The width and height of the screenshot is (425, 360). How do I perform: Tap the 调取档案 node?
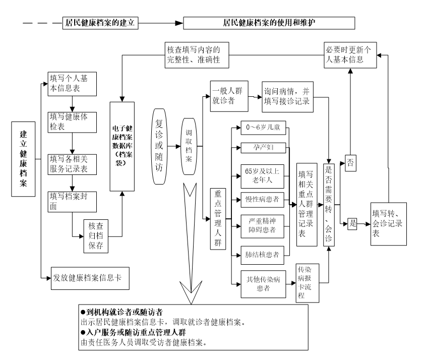coord(189,147)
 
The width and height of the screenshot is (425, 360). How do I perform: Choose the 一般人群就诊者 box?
coord(229,95)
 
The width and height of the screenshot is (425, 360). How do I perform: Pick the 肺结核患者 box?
coord(262,254)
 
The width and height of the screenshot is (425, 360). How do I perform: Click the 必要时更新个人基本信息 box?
coord(349,54)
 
